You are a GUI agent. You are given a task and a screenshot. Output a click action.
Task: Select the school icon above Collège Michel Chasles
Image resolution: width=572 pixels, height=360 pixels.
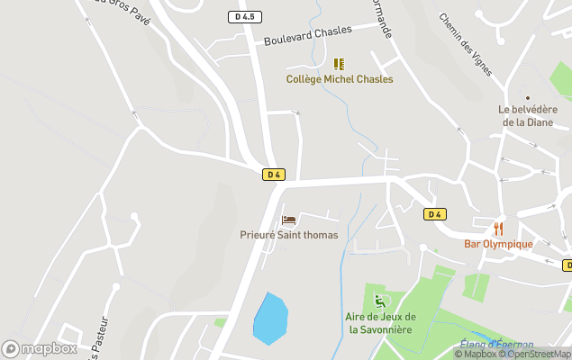[339, 64]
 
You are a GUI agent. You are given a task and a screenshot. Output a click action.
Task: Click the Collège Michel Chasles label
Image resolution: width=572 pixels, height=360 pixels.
[340, 79]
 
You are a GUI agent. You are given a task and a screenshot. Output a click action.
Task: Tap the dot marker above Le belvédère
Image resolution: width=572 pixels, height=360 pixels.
[527, 97]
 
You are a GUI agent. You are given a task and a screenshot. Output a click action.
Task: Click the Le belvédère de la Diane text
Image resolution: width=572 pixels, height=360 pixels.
[527, 116]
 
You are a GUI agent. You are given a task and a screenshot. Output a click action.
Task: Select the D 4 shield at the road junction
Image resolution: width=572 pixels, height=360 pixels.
[275, 175]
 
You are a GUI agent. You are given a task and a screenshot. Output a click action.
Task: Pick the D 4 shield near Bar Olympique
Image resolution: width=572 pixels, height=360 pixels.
[435, 214]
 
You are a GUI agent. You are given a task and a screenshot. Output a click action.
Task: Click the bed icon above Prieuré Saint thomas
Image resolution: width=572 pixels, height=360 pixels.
[288, 220]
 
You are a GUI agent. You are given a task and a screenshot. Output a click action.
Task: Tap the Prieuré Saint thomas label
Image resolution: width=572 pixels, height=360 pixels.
[289, 235]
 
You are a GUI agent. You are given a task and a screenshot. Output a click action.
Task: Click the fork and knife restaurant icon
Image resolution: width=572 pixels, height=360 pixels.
[498, 229]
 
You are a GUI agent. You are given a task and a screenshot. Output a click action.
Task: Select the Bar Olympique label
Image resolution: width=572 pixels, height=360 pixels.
[498, 244]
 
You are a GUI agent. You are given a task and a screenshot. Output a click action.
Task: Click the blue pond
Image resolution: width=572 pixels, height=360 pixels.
[270, 318]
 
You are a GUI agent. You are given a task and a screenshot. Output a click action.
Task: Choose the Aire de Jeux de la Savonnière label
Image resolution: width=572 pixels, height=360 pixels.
[381, 323]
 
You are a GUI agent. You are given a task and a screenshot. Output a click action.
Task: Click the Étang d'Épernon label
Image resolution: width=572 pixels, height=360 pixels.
[496, 344]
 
